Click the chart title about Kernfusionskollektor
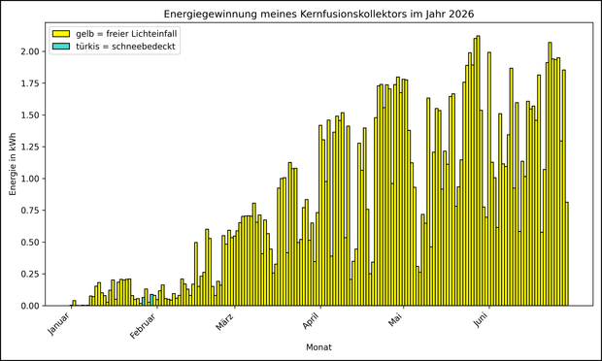point(318,15)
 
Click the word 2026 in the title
point(461,15)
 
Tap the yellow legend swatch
point(60,34)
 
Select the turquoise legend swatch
point(60,47)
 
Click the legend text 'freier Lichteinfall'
point(142,34)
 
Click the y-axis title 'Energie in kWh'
point(13,164)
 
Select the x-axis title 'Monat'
point(318,347)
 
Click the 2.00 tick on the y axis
point(30,51)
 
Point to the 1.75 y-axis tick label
point(30,83)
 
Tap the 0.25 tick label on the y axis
point(30,274)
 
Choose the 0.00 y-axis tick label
point(30,306)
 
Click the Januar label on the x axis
point(59,323)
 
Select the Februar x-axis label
point(143,326)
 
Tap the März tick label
point(225,322)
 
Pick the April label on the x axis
point(311,321)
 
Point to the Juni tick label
point(481,320)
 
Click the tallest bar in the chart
point(479,171)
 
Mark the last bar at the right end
point(567,254)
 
